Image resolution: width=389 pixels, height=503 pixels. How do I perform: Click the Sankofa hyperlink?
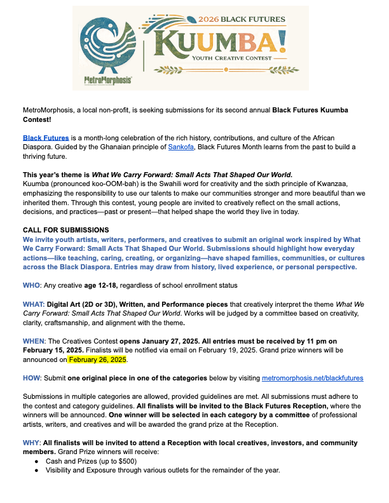click(179, 147)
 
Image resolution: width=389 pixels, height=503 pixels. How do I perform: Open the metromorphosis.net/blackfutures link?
click(313, 378)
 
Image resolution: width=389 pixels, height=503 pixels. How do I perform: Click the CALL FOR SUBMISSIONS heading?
click(65, 229)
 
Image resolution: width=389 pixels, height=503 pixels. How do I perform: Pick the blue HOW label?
click(32, 378)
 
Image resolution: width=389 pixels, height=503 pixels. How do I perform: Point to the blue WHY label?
click(31, 443)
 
